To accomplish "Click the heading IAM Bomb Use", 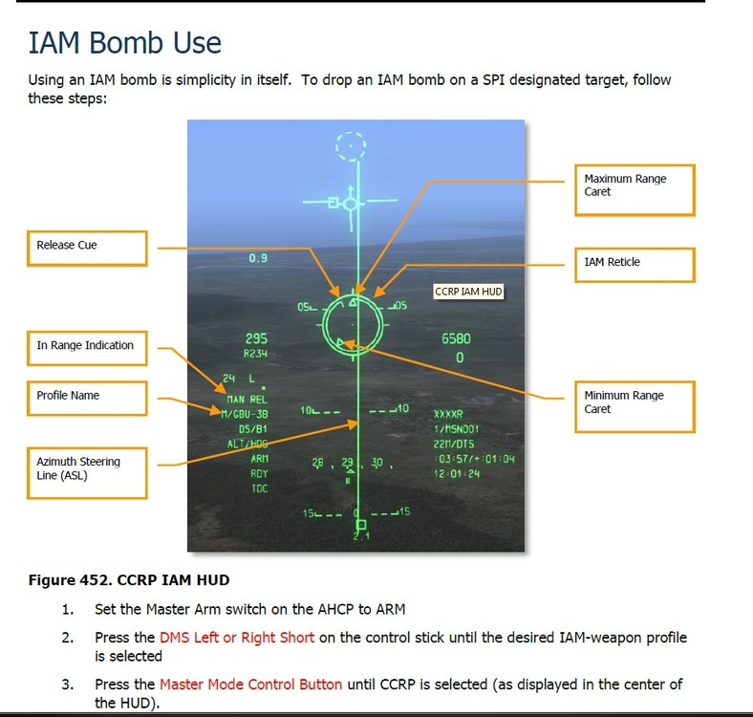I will (124, 43).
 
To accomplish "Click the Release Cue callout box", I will (86, 247).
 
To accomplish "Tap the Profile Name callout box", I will (86, 397).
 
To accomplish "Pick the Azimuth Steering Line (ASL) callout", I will (86, 469).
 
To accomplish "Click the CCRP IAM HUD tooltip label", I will (468, 292).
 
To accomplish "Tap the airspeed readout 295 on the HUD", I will (256, 338).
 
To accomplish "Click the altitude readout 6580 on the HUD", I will (456, 338).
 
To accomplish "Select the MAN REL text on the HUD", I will (246, 399).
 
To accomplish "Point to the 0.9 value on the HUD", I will (258, 258).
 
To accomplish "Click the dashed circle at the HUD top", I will (352, 146).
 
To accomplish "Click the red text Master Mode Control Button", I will (250, 684).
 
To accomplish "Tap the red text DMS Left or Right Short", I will (237, 638).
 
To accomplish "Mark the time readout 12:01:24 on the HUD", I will (456, 473).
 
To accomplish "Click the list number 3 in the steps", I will (67, 684).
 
